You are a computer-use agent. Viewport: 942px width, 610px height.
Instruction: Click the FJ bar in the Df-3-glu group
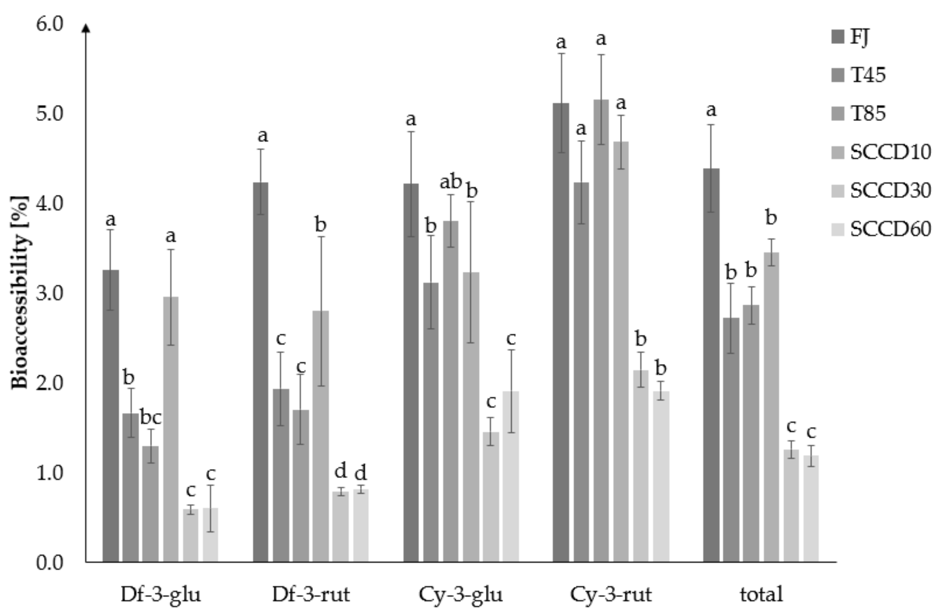(110, 416)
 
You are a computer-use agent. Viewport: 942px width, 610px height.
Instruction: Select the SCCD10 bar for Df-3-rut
(320, 436)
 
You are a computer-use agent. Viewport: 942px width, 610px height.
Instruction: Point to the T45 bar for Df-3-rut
(281, 475)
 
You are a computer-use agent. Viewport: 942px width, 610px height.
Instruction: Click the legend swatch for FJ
(838, 37)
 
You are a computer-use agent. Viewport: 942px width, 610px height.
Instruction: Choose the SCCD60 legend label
(890, 229)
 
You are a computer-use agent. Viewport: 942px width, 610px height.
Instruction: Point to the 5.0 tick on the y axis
(50, 114)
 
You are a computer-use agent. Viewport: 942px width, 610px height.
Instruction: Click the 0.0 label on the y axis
(50, 563)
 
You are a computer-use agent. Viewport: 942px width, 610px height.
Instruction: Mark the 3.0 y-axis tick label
(50, 293)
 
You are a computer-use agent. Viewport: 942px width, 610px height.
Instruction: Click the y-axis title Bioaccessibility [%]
(20, 293)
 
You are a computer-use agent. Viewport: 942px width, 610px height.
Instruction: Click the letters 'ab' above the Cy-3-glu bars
(450, 182)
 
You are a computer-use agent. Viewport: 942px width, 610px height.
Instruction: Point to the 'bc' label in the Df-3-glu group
(151, 418)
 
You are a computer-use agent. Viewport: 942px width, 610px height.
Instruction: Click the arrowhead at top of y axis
(86, 28)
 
